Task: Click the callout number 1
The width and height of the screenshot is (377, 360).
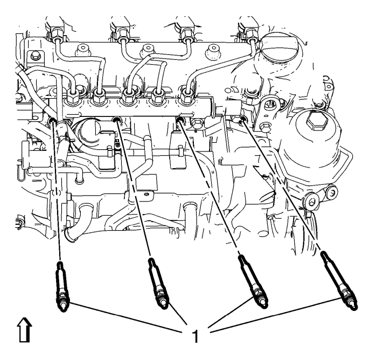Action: pyautogui.click(x=196, y=336)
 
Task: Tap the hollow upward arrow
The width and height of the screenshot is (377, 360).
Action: pyautogui.click(x=25, y=329)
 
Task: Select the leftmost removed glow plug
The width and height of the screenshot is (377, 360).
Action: pyautogui.click(x=62, y=286)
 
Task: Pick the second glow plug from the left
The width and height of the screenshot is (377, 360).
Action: pyautogui.click(x=158, y=283)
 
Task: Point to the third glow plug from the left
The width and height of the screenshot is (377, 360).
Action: pyautogui.click(x=253, y=281)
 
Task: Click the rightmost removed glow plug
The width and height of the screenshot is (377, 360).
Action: pyautogui.click(x=339, y=281)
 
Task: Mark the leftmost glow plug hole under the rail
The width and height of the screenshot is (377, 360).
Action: pyautogui.click(x=52, y=120)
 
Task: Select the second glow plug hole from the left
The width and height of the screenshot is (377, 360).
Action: pyautogui.click(x=117, y=119)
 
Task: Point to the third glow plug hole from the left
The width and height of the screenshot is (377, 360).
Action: pyautogui.click(x=180, y=119)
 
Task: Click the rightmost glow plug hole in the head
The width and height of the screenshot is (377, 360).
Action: pyautogui.click(x=243, y=120)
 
